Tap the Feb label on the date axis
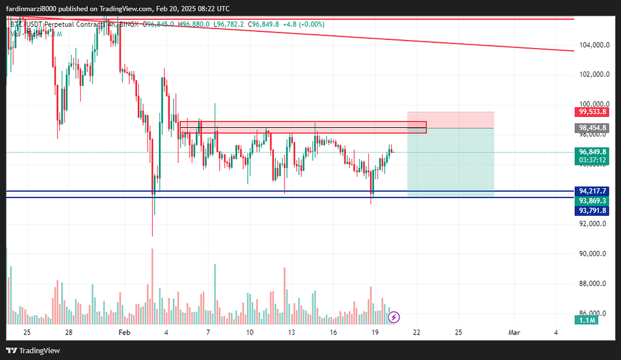tap(124, 333)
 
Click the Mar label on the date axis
tap(514, 333)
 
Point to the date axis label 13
tap(292, 333)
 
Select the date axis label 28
tap(69, 333)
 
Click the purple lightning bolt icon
tap(394, 317)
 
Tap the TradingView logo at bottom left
tap(33, 350)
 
